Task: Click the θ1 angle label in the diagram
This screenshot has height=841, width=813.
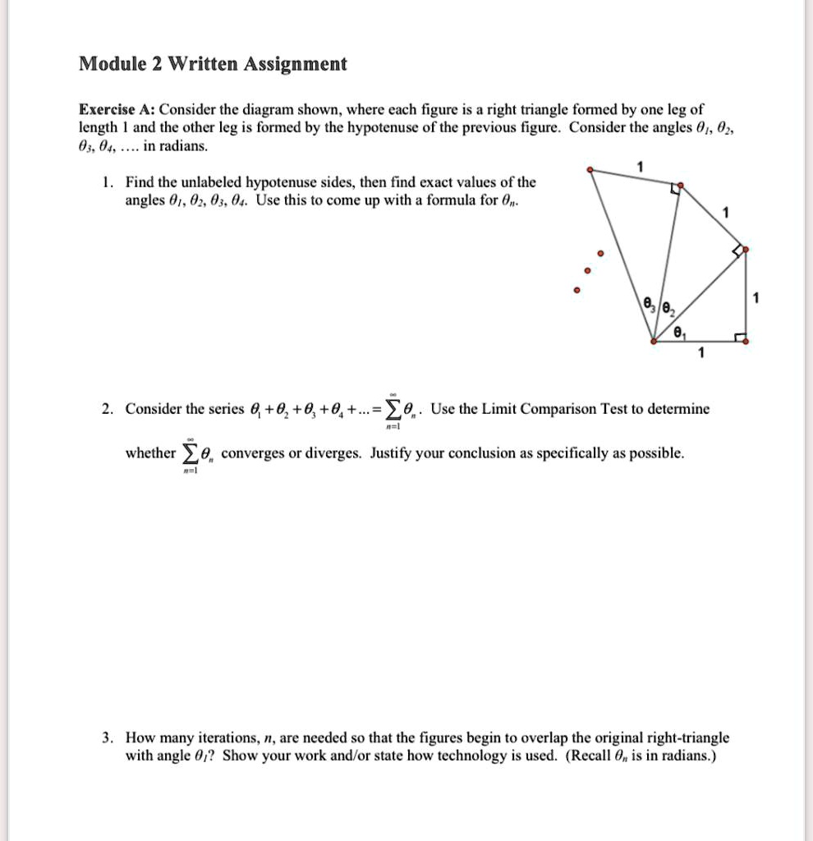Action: [677, 332]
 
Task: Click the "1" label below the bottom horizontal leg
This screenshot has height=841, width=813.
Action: [700, 354]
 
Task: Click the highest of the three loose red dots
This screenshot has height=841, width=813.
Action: [599, 252]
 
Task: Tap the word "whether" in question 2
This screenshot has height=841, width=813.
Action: [149, 453]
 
